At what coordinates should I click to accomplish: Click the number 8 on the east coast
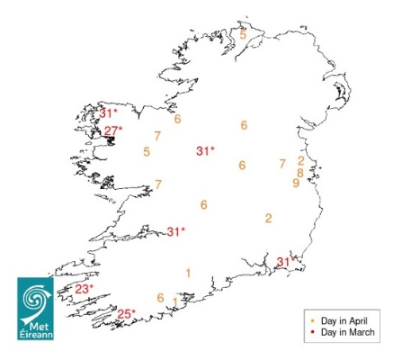pyautogui.click(x=300, y=173)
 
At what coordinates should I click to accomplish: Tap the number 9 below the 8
pyautogui.click(x=296, y=184)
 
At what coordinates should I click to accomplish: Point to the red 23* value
pyautogui.click(x=84, y=289)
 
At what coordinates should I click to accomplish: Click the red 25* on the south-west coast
pyautogui.click(x=127, y=314)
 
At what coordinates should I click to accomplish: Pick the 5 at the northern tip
pyautogui.click(x=243, y=34)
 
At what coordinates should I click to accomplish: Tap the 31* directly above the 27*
pyautogui.click(x=108, y=113)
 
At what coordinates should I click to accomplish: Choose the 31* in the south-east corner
pyautogui.click(x=285, y=262)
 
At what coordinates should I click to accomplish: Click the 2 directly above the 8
pyautogui.click(x=300, y=161)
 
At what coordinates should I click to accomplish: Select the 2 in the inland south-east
pyautogui.click(x=268, y=218)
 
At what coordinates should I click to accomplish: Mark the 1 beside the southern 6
pyautogui.click(x=174, y=301)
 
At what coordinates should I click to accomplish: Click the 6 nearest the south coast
pyautogui.click(x=160, y=298)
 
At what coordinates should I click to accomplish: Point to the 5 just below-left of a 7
pyautogui.click(x=147, y=151)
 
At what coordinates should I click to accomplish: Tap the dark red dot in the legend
pyautogui.click(x=311, y=332)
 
